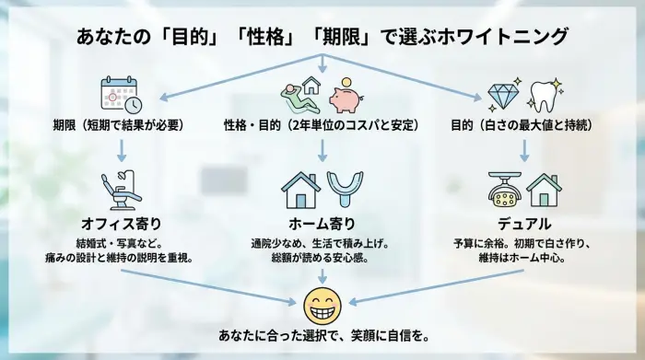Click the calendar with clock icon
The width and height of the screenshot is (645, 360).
click(117, 95)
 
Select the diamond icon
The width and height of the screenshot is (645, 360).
click(502, 95)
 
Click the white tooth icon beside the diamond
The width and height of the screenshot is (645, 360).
click(545, 95)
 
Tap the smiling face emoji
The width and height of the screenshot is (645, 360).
click(322, 304)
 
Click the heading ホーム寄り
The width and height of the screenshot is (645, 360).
click(322, 224)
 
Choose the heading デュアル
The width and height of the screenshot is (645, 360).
click(524, 224)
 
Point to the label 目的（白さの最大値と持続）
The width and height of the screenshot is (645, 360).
click(524, 124)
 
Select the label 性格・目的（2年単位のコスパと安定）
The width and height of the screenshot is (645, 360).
click(322, 124)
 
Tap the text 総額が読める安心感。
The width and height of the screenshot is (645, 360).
click(322, 259)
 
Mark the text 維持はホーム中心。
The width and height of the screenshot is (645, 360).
click(524, 259)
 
